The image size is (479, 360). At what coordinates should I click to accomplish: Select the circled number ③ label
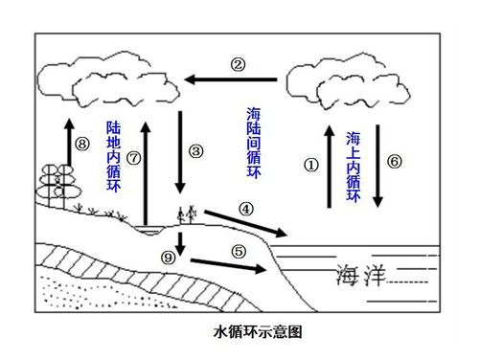pos(196,151)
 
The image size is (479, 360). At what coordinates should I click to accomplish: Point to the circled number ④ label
pos(246,208)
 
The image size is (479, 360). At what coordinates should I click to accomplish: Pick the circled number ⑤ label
pos(239,251)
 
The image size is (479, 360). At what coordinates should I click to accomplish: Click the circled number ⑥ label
pos(394,161)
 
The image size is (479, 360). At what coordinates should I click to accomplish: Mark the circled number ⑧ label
pos(81,145)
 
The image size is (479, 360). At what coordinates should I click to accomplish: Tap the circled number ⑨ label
pos(169,257)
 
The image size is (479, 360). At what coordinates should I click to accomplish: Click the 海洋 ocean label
pos(362,277)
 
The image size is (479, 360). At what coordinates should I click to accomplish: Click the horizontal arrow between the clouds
pos(232,80)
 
